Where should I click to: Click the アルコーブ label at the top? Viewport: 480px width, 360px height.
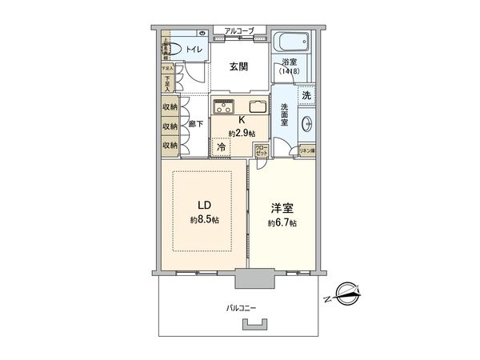(239, 30)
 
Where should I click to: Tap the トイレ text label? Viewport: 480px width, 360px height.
(194, 50)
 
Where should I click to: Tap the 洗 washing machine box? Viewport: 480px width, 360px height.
(308, 95)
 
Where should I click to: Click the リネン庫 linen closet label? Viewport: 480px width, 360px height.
(307, 150)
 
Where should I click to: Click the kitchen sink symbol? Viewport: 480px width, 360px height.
(261, 107)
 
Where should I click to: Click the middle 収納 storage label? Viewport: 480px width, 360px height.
(170, 126)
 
